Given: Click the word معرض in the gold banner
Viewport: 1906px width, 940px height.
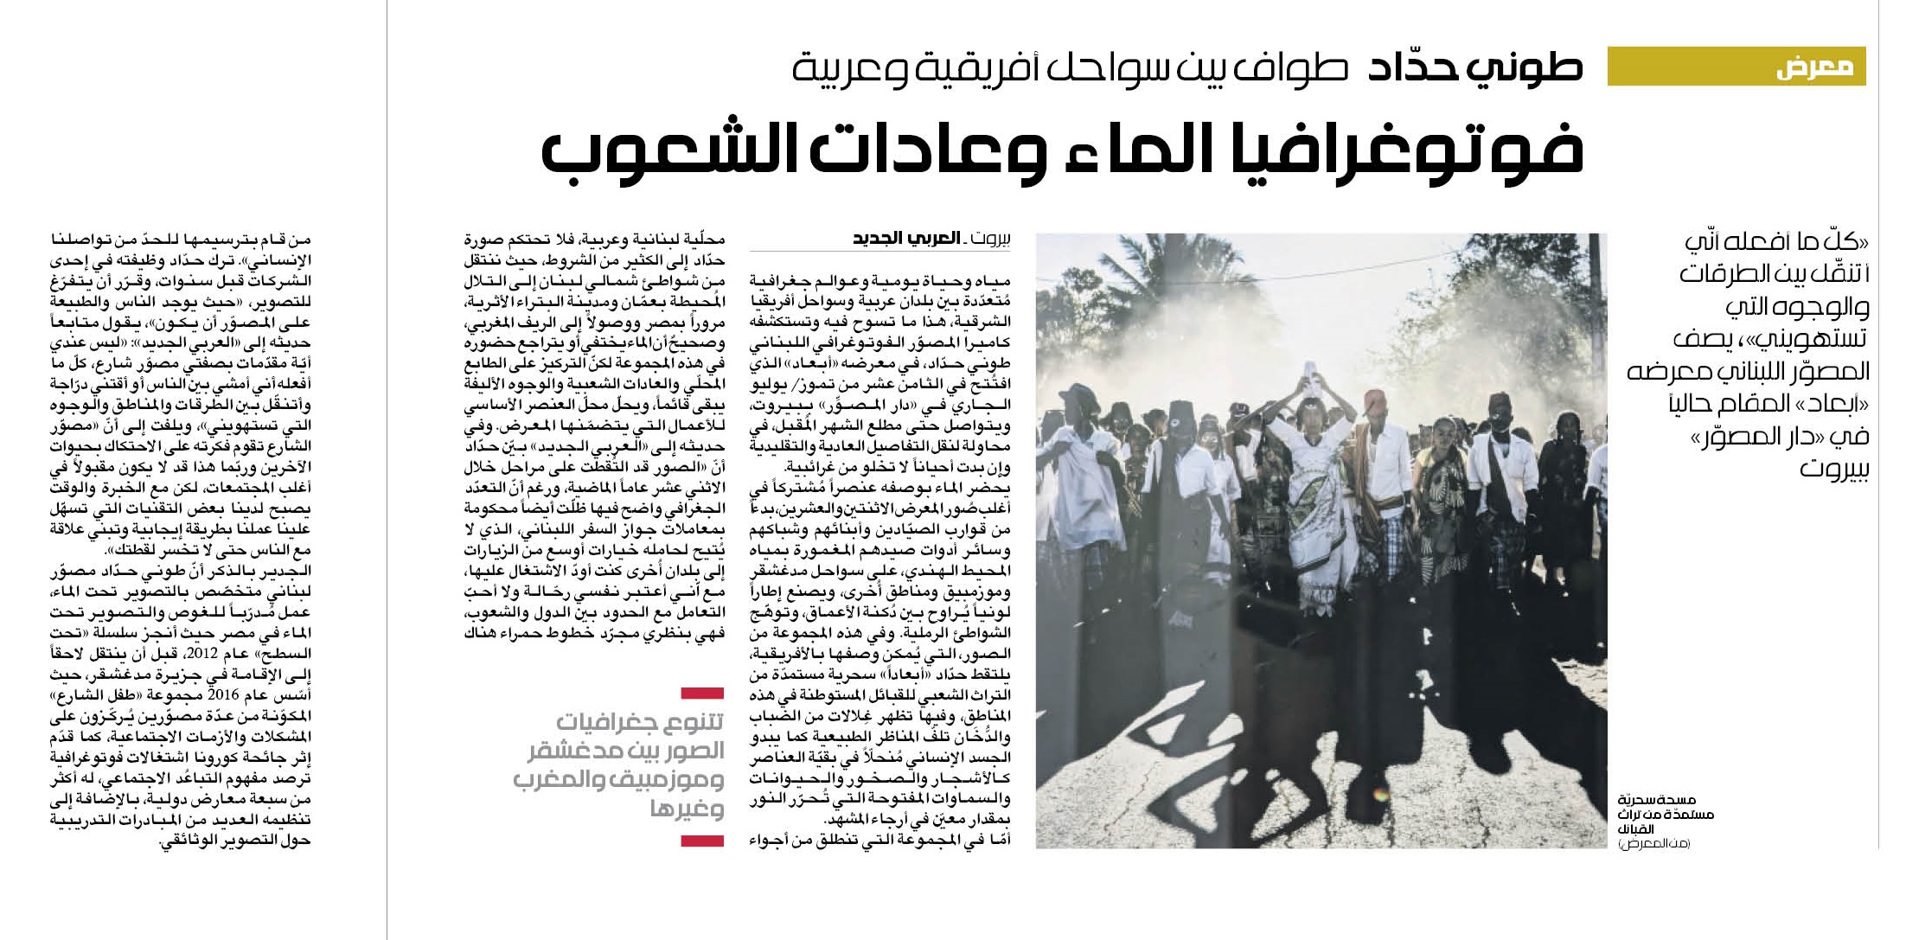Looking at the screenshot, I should point(1814,67).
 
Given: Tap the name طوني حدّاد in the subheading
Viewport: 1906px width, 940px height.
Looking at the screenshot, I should point(1475,67).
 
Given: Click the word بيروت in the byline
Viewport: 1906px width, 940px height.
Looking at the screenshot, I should point(989,239).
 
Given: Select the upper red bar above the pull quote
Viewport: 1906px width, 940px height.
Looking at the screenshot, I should point(702,693).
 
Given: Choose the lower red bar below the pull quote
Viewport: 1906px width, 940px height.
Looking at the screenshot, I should point(702,841).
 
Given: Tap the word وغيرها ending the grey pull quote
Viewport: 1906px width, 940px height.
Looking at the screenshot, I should point(687,809).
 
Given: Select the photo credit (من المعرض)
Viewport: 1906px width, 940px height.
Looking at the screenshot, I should point(1653,843).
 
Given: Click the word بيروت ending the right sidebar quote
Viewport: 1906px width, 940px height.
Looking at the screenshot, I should point(1833,470).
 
